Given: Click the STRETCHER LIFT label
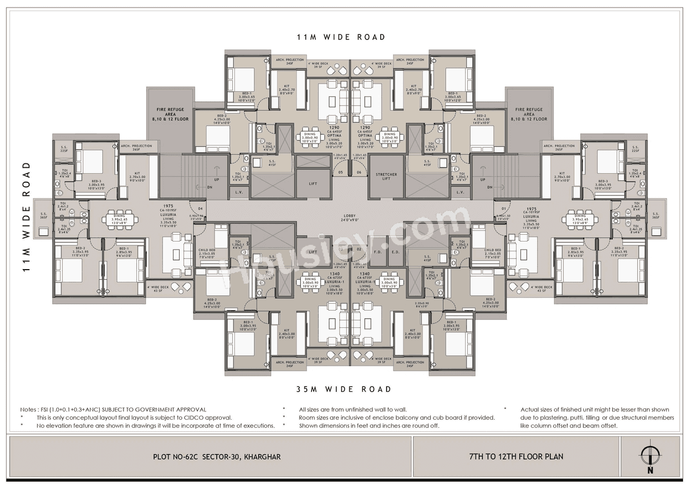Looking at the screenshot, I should coord(386,177).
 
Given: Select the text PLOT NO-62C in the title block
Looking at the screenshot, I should coord(177,457).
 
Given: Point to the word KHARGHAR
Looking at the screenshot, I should coord(262,457).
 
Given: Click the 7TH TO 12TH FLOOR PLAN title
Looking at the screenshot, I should coord(516,457).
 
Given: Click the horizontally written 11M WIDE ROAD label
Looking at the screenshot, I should coord(341,37).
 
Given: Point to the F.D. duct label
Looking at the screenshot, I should coord(377,252).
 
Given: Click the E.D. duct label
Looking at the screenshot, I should coord(395,252).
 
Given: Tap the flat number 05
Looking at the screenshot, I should coord(341,173).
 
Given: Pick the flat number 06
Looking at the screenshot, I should coord(358,173).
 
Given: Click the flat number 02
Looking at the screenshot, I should coord(358,250).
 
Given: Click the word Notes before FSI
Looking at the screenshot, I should coord(30,410).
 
